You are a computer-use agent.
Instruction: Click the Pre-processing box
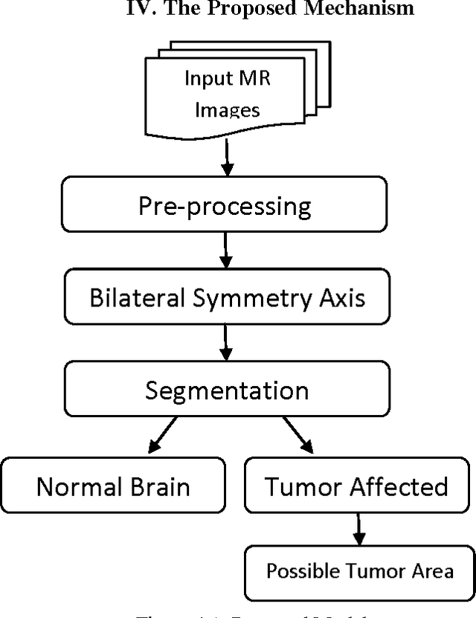(x=225, y=206)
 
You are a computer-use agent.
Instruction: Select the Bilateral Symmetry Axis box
(x=227, y=297)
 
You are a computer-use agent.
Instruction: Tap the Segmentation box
(x=227, y=390)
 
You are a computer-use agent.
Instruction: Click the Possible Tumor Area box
(x=360, y=571)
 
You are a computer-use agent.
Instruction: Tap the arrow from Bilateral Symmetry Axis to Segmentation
(x=227, y=344)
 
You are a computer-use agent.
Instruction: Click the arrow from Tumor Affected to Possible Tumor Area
(x=359, y=530)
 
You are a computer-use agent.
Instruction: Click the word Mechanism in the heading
(x=370, y=10)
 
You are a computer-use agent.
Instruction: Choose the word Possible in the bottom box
(x=298, y=571)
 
